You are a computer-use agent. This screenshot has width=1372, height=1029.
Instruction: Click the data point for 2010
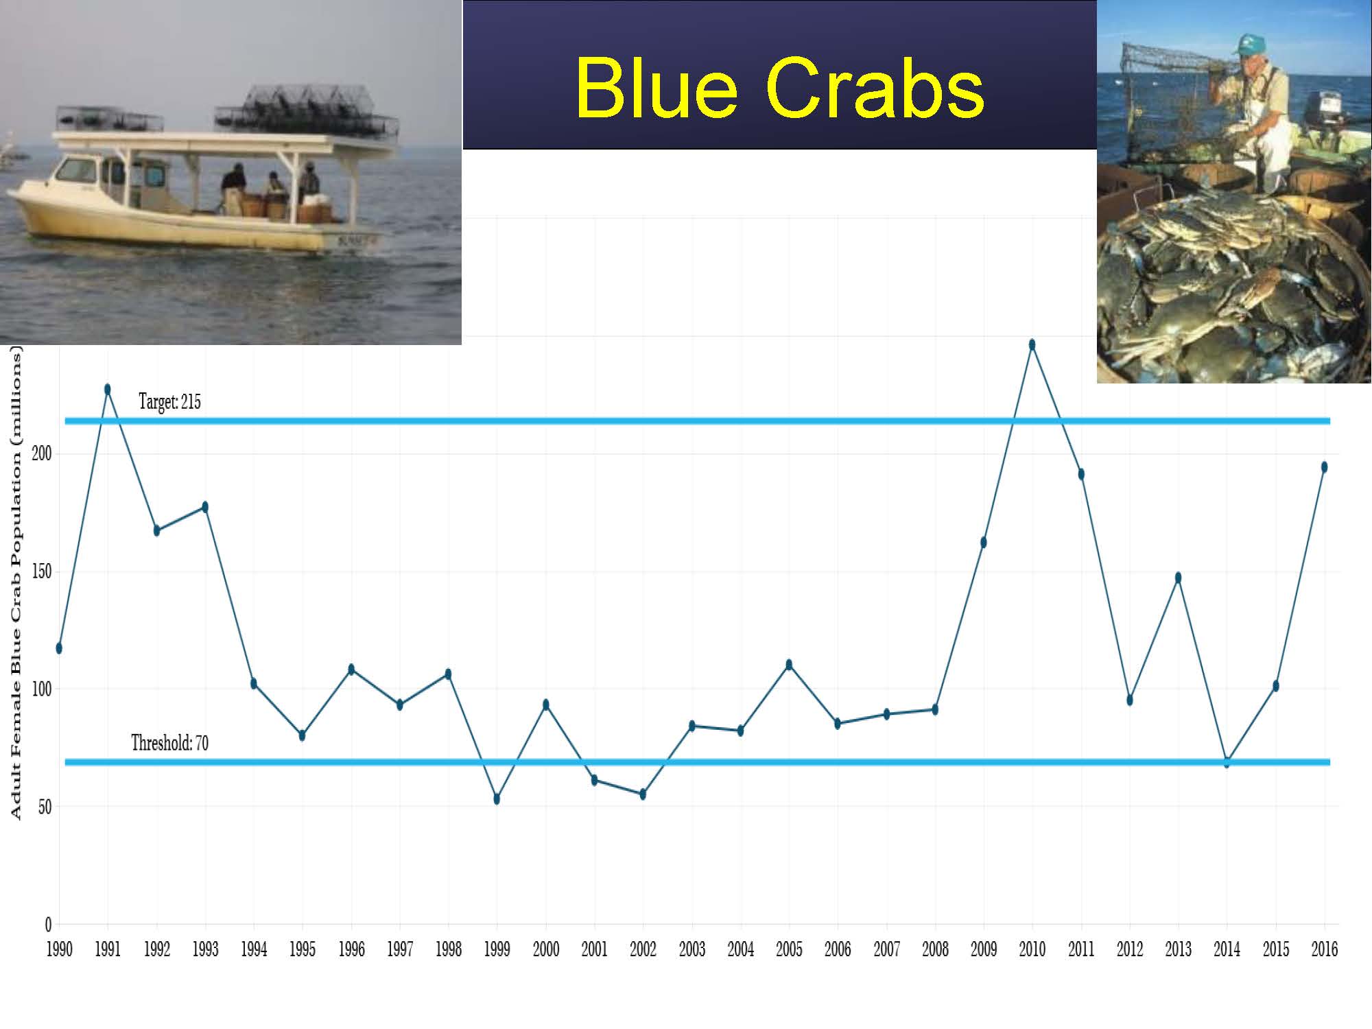1032,344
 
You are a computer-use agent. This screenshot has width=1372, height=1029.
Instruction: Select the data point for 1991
108,389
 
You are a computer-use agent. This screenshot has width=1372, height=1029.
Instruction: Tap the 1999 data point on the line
497,799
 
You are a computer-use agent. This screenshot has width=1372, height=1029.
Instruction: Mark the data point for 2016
1324,467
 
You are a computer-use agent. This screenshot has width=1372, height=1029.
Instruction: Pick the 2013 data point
1178,578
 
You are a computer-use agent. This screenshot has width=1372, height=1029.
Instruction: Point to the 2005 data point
789,664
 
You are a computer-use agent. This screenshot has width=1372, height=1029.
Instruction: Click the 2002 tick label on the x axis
643,949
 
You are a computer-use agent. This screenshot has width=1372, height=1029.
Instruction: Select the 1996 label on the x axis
351,949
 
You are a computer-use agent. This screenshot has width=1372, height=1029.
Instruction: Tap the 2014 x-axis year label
1227,949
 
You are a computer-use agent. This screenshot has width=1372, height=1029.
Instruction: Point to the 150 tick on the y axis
42,571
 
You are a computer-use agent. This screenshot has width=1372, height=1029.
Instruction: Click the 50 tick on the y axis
45,806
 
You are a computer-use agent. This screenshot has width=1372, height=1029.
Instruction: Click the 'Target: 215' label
169,401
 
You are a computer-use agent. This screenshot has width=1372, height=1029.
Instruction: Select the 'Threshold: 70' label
169,743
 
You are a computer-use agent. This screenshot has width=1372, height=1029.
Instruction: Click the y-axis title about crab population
16,582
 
